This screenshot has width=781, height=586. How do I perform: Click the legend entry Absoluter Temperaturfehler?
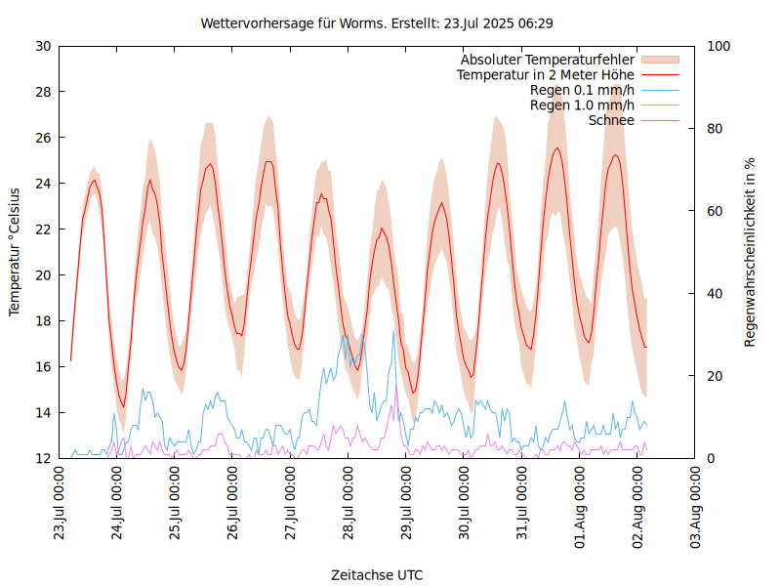(548, 60)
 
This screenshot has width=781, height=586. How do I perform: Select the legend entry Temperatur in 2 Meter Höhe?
(546, 74)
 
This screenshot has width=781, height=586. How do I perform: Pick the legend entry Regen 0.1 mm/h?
(582, 90)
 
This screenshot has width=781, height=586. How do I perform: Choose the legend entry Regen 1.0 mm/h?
(582, 105)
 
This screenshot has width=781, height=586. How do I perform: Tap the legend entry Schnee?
(612, 120)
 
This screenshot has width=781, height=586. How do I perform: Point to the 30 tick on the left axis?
(42, 46)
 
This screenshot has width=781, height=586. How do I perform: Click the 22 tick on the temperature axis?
(42, 230)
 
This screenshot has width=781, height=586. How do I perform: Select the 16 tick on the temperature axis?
(42, 367)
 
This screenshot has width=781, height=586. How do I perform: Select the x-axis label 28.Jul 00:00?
(349, 503)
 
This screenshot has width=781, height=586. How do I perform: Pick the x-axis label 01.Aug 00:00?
(580, 503)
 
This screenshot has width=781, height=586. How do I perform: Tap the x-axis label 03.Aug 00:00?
(695, 503)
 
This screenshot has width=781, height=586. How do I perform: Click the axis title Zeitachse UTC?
(377, 574)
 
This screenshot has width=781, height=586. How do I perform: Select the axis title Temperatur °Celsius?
(15, 251)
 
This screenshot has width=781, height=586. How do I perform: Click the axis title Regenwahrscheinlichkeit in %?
(751, 252)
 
